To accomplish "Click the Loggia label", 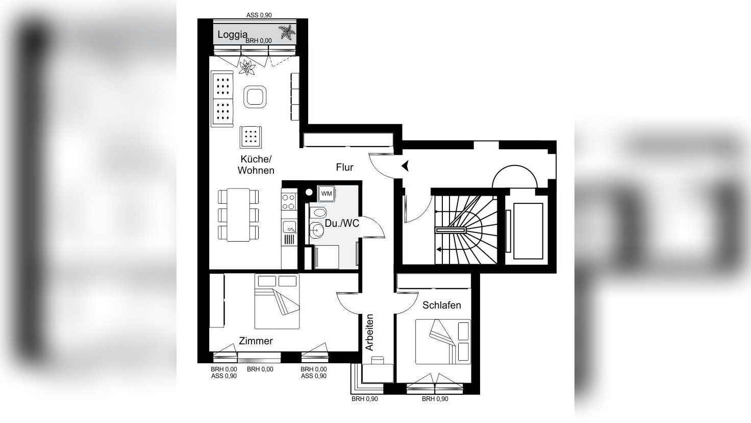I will [232, 35].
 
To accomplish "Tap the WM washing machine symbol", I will [326, 194].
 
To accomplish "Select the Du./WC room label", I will [342, 223].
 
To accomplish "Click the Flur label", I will [344, 167].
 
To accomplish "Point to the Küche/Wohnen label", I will [256, 165].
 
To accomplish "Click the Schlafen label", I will [441, 305].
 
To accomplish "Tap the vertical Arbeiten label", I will [370, 332].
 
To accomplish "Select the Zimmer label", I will [256, 341].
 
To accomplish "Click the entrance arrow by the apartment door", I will [406, 166].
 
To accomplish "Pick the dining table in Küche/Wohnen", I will [238, 215].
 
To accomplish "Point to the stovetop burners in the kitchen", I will [289, 200].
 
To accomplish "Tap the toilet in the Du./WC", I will [319, 213].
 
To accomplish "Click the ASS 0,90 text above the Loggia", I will [259, 15].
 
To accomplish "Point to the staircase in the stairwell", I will [465, 230].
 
